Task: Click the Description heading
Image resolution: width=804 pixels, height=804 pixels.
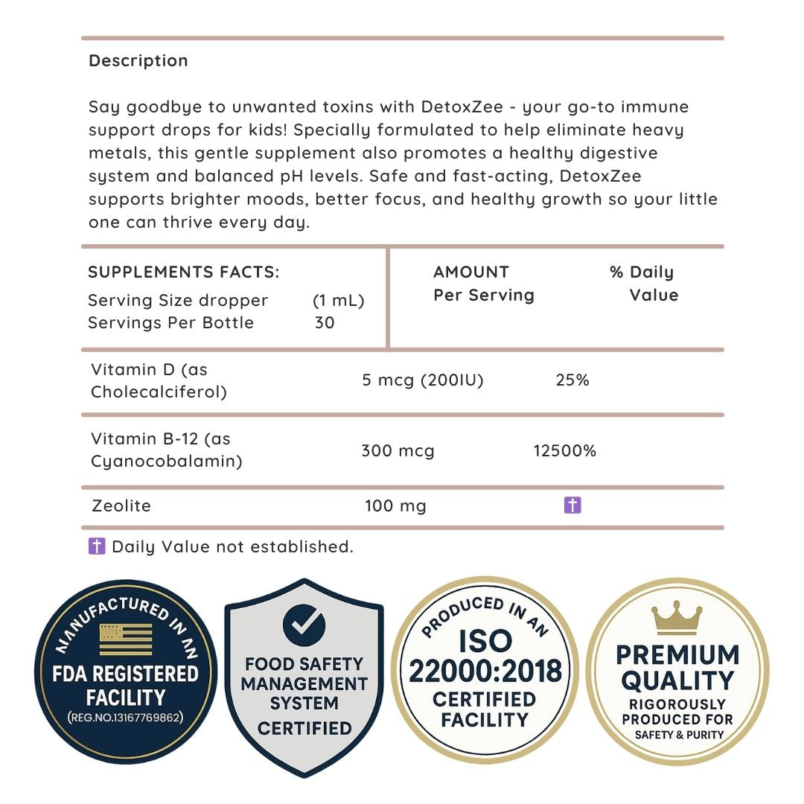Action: tap(138, 61)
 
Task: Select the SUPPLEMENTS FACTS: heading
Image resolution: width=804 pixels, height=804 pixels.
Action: tap(184, 272)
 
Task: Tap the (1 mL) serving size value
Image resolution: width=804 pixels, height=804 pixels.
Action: tap(338, 301)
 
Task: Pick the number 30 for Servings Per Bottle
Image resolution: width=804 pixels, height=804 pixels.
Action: tap(325, 323)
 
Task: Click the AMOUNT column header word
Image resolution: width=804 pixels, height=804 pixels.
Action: tap(471, 272)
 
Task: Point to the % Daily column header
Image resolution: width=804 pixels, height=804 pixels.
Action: tap(641, 272)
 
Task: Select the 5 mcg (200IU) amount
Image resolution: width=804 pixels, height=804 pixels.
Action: tap(422, 380)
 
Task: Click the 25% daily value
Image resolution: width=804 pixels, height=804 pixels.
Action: tap(572, 380)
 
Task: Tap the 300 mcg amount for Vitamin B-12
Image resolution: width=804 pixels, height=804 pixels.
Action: tap(398, 450)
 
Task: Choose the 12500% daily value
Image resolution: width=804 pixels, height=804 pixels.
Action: tap(565, 450)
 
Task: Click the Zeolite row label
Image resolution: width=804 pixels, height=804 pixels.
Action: tap(121, 506)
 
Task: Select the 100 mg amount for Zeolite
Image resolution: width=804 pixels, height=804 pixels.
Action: tap(395, 506)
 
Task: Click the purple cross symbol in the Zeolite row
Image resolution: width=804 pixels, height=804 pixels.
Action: tap(572, 506)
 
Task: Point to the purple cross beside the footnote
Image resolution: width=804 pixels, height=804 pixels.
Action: tap(97, 547)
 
